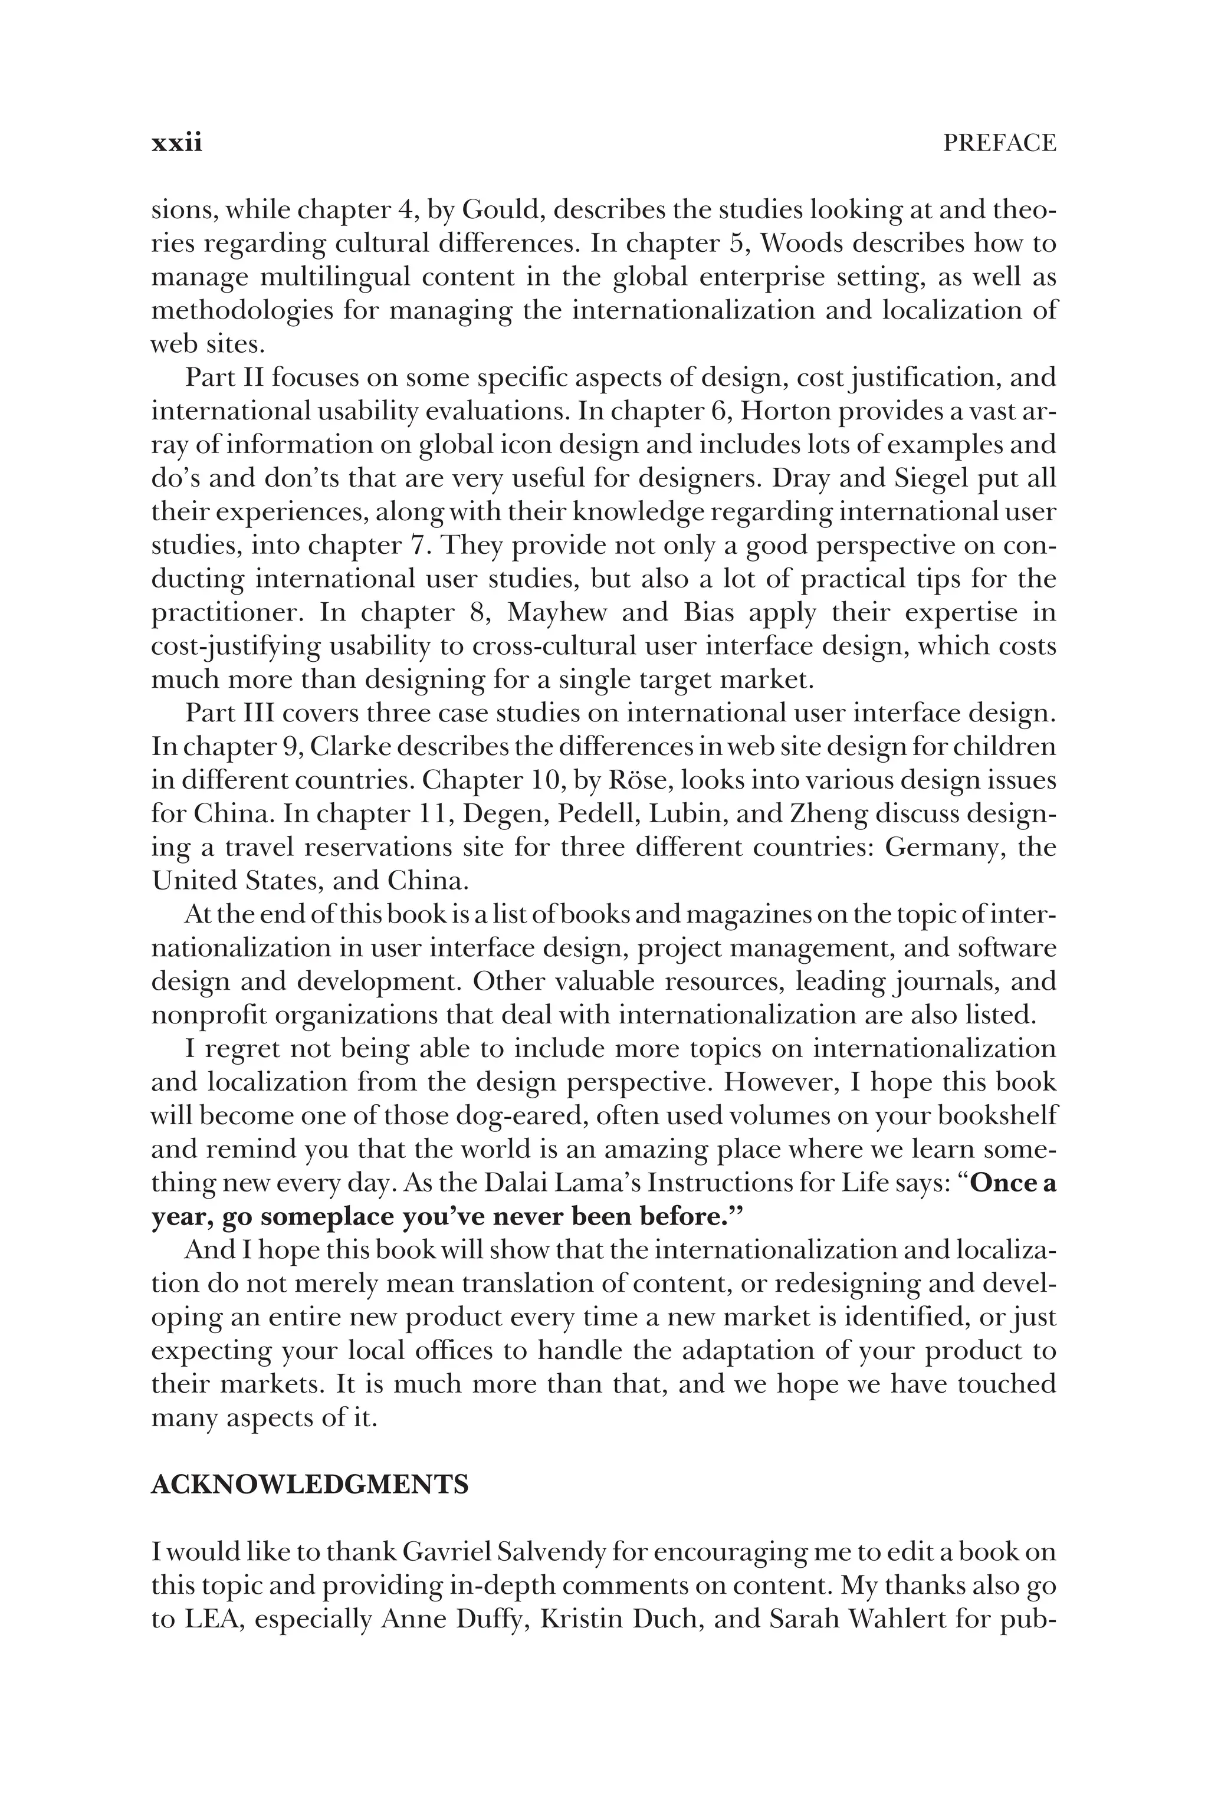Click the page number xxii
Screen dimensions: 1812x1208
(x=176, y=143)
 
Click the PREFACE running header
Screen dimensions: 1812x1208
(x=999, y=143)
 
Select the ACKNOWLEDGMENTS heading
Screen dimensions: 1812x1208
(x=310, y=1485)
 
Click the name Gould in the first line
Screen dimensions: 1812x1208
(x=503, y=209)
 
